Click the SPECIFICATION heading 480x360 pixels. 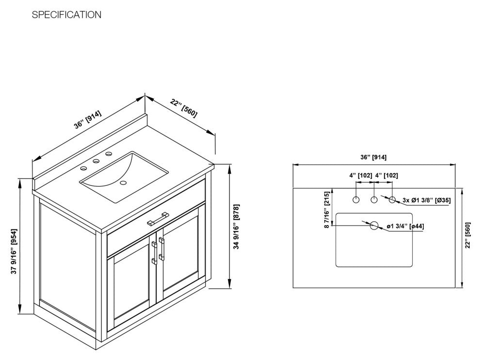pos(66,15)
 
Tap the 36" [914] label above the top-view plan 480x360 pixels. pos(374,157)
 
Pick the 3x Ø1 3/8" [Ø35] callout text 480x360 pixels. pos(427,200)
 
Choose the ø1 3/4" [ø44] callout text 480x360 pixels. pos(406,226)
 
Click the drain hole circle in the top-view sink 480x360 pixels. pos(374,226)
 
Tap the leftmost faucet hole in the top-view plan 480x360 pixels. pos(356,199)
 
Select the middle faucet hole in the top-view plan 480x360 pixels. pos(374,199)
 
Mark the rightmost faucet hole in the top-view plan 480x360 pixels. pos(392,199)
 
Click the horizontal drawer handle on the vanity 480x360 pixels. pos(158,219)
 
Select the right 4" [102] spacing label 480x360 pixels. pos(386,175)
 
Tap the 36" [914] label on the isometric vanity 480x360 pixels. pos(88,120)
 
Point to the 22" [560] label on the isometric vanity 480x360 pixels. pos(184,108)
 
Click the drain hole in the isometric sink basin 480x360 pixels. pos(123,183)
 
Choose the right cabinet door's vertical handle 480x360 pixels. pos(163,248)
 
